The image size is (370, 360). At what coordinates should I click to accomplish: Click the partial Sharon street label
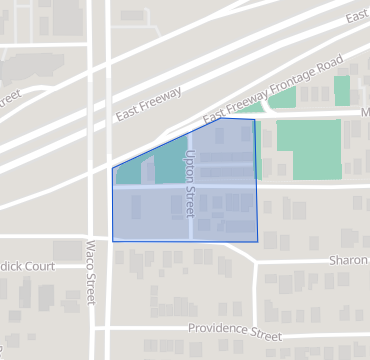tap(349, 259)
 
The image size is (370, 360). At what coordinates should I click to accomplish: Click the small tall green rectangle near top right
tap(342, 90)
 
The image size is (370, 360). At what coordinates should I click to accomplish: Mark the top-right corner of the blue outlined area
tap(254, 120)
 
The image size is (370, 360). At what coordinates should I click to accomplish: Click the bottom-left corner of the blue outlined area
tap(113, 241)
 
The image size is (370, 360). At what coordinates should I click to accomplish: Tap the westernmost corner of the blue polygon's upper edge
tap(113, 168)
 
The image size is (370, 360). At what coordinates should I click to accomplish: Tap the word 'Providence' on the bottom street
tap(219, 329)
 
